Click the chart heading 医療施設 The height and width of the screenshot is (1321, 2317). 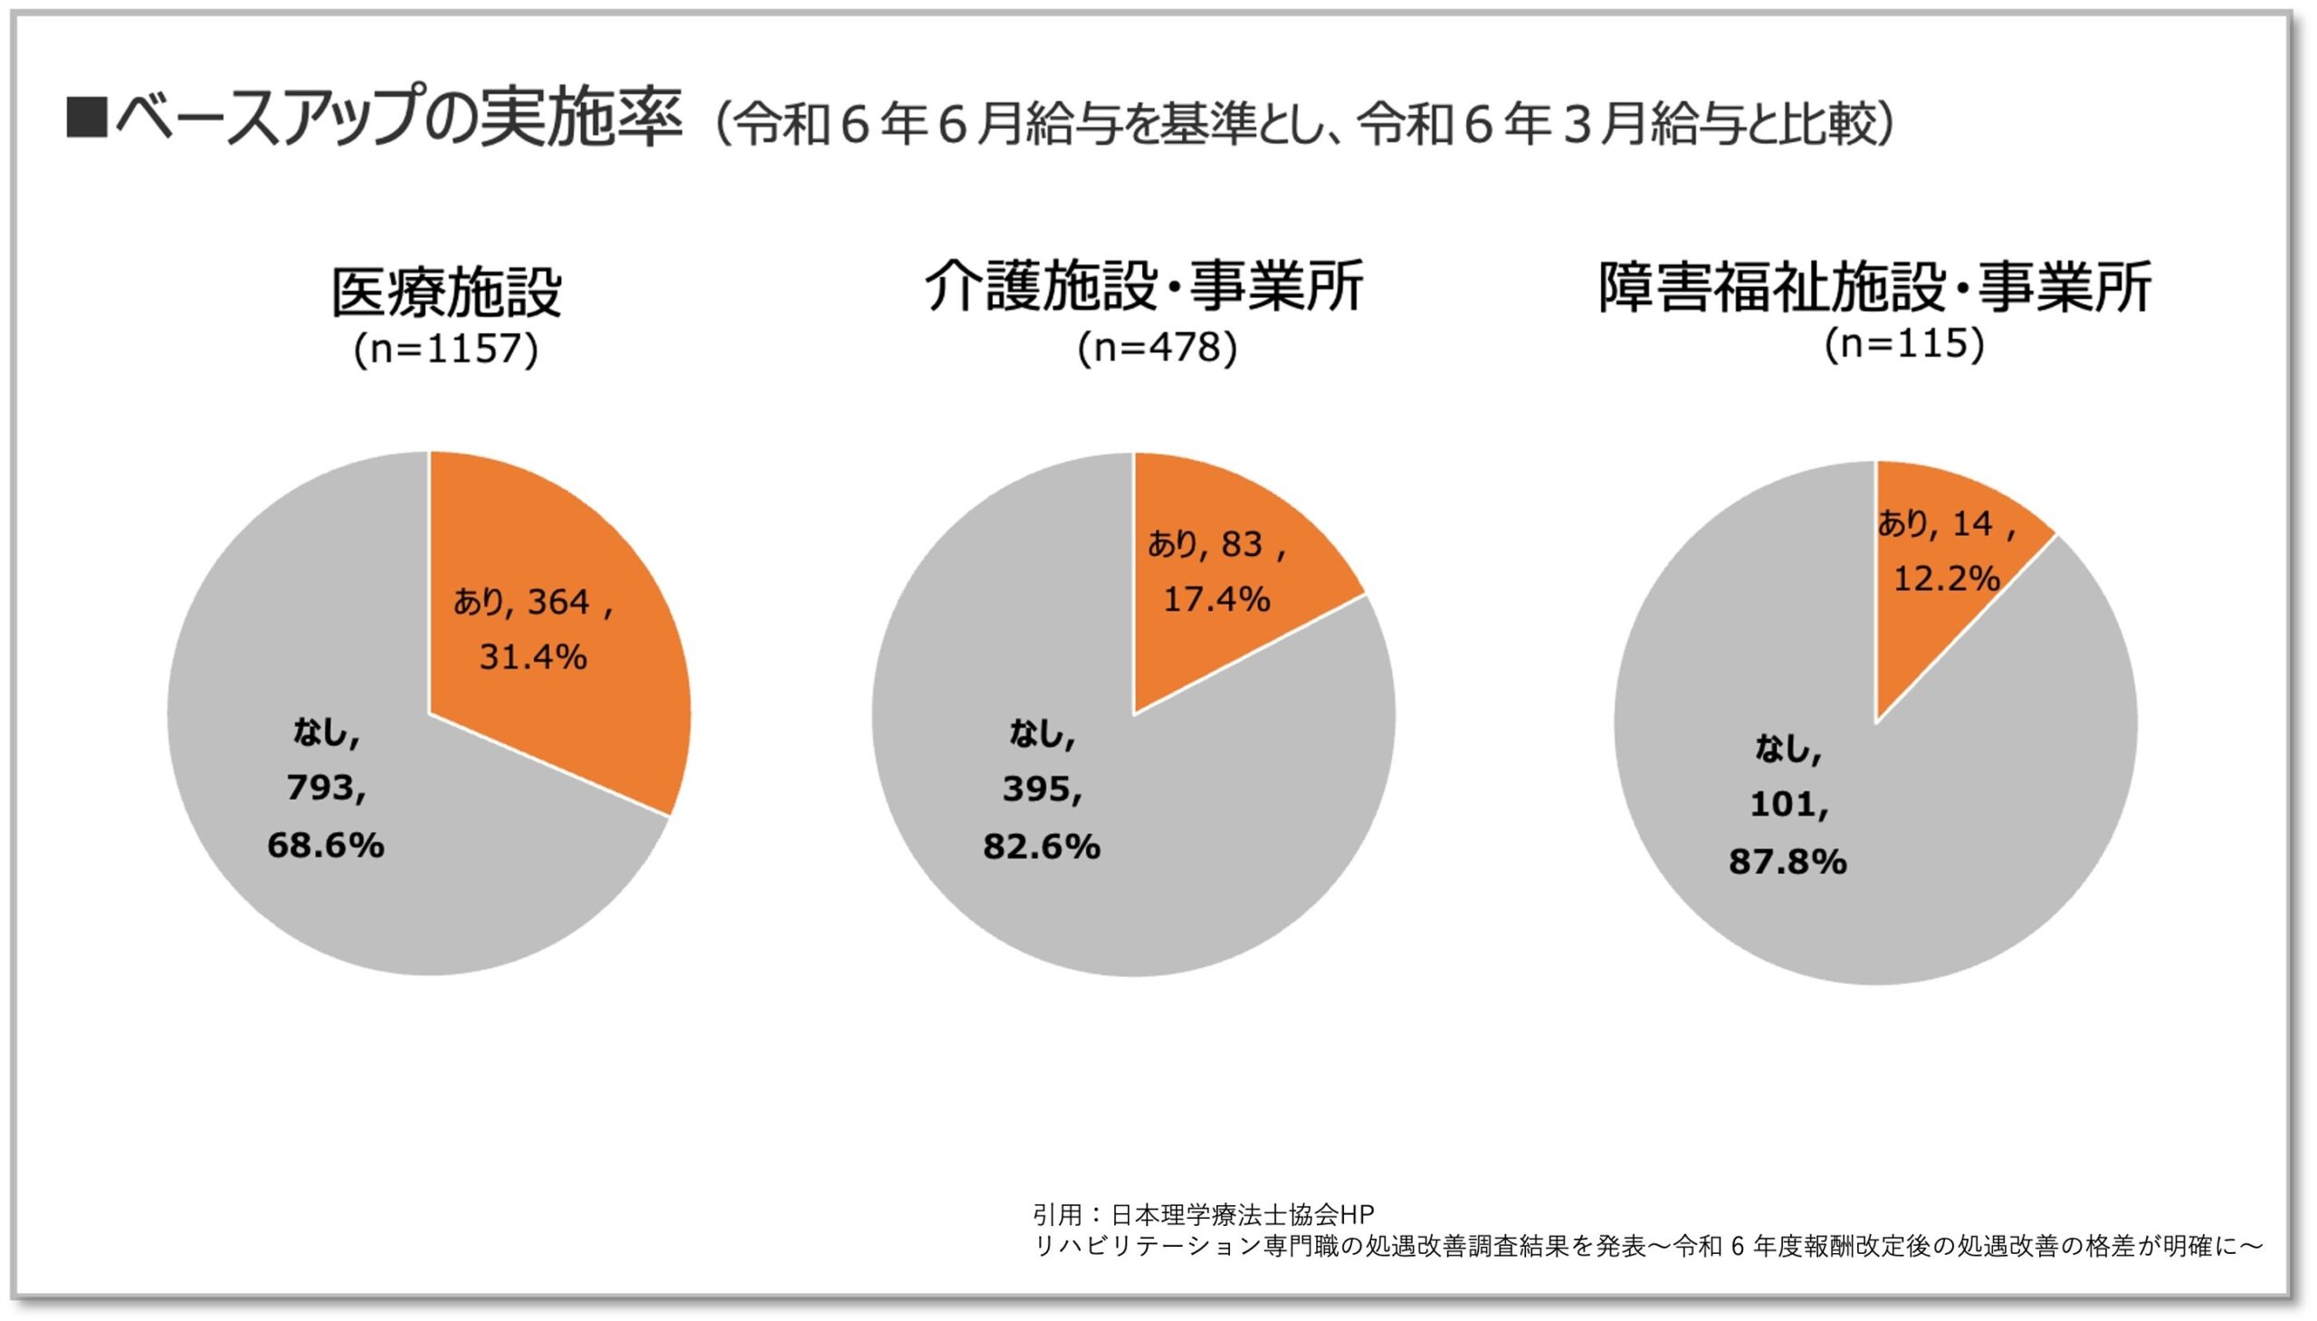pos(446,292)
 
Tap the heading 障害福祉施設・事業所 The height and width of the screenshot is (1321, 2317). pos(1874,288)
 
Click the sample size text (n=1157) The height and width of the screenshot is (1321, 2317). pos(446,349)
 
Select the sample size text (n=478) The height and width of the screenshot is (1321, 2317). pos(1157,348)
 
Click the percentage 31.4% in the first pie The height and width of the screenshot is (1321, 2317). pos(533,656)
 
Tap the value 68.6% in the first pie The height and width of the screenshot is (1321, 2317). pos(326,846)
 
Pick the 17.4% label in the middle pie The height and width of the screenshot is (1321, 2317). pos(1216,598)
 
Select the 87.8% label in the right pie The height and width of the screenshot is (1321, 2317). pos(1788,861)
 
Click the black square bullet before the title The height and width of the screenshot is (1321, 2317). pos(86,119)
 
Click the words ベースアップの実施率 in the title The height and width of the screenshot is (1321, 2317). pos(399,118)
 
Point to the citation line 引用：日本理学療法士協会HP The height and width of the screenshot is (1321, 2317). pos(1204,1214)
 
